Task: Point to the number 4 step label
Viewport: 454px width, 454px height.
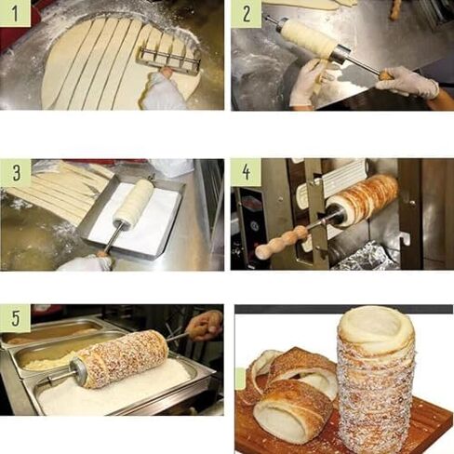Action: pos(246,172)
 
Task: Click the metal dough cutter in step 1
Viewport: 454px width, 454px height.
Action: pos(169,58)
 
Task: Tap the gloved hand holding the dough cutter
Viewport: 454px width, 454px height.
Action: pos(166,91)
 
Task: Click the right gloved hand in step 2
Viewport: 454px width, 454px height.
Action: pos(407,82)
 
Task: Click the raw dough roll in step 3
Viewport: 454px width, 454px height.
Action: pos(134,202)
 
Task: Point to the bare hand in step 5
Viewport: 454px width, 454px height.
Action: pos(205,325)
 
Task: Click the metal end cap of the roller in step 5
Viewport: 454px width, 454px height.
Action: pos(78,373)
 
